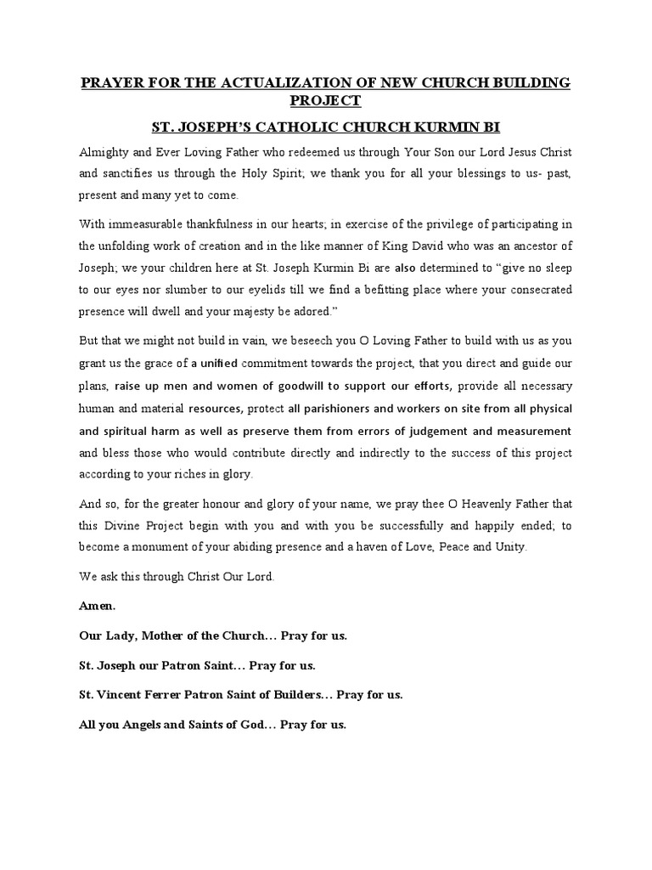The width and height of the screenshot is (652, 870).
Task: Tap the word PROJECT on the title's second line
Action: click(325, 101)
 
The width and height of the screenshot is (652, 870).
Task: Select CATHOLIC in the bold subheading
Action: click(320, 128)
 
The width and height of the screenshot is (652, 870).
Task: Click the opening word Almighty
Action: click(105, 152)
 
